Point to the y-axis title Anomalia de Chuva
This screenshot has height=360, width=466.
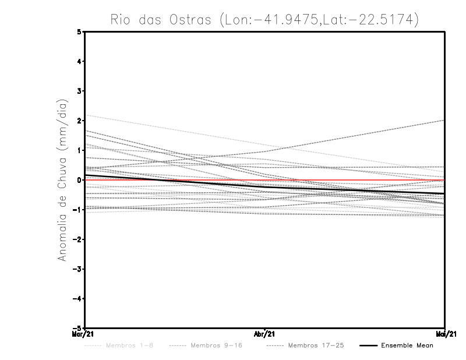[62, 180]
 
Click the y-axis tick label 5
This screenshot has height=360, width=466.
[79, 32]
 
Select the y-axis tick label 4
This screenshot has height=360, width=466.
[79, 62]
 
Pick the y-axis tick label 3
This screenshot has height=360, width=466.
[79, 91]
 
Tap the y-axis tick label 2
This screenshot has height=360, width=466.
[79, 121]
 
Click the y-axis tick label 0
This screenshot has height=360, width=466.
[79, 180]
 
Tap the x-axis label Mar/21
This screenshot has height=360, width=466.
[84, 334]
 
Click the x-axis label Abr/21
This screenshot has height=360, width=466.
[264, 334]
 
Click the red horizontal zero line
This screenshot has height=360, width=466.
[349, 180]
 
